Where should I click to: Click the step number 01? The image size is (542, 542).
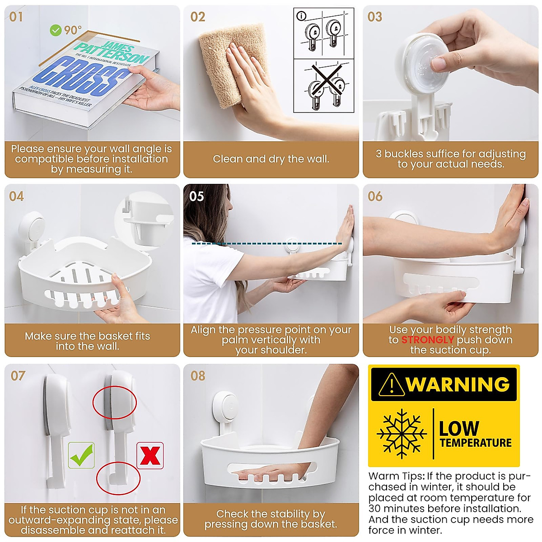[16, 17]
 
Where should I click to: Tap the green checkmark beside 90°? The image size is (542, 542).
[56, 30]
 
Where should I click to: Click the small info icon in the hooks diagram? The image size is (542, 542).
[301, 16]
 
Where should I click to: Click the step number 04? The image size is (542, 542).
[16, 196]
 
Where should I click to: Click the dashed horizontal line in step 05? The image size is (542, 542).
[266, 244]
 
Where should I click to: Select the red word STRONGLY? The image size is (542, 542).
[427, 340]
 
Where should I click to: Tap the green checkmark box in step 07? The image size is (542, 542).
[81, 455]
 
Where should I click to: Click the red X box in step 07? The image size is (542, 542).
[150, 455]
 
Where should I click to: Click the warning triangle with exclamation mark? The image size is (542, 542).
[391, 385]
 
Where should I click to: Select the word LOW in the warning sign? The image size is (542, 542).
[459, 428]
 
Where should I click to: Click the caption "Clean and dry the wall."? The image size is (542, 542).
[271, 159]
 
